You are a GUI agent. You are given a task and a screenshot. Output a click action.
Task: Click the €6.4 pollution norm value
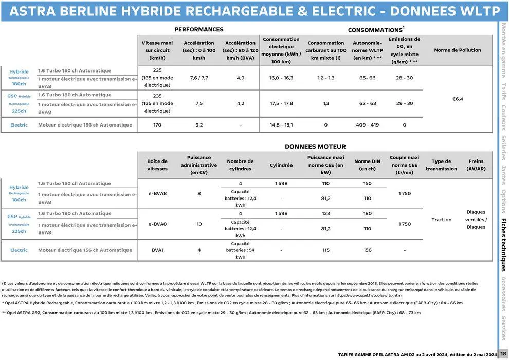pyautogui.click(x=457, y=99)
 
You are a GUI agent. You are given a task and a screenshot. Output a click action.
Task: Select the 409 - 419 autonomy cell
pyautogui.click(x=367, y=125)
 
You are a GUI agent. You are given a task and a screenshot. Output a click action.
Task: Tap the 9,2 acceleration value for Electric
pyautogui.click(x=199, y=125)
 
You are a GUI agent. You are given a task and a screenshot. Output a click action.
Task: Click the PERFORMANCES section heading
pyautogui.click(x=199, y=30)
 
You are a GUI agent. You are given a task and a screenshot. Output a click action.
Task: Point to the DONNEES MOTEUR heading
pyautogui.click(x=315, y=147)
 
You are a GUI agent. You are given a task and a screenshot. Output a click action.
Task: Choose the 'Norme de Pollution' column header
pyautogui.click(x=457, y=50)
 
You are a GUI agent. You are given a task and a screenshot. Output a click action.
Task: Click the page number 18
pyautogui.click(x=503, y=354)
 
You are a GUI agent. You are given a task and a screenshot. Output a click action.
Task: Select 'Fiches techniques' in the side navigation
pyautogui.click(x=504, y=245)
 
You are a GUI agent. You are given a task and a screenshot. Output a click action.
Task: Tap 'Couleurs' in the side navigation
pyautogui.click(x=504, y=118)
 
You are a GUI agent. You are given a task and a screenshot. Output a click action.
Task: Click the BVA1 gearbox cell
pyautogui.click(x=157, y=250)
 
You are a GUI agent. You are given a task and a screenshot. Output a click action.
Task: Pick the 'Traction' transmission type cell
pyautogui.click(x=441, y=220)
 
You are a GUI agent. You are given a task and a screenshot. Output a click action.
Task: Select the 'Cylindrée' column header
pyautogui.click(x=281, y=165)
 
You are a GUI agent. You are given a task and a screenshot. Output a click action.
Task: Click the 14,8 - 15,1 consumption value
pyautogui.click(x=281, y=125)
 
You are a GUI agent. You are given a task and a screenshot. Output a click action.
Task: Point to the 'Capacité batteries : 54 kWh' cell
pyautogui.click(x=240, y=250)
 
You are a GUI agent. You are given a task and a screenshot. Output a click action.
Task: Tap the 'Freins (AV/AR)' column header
pyautogui.click(x=476, y=165)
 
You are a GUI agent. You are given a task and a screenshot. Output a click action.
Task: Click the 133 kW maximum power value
pyautogui.click(x=325, y=213)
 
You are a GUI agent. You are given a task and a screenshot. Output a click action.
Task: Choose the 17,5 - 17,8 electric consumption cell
pyautogui.click(x=281, y=103)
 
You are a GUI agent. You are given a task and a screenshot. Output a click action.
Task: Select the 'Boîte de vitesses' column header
pyautogui.click(x=157, y=165)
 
